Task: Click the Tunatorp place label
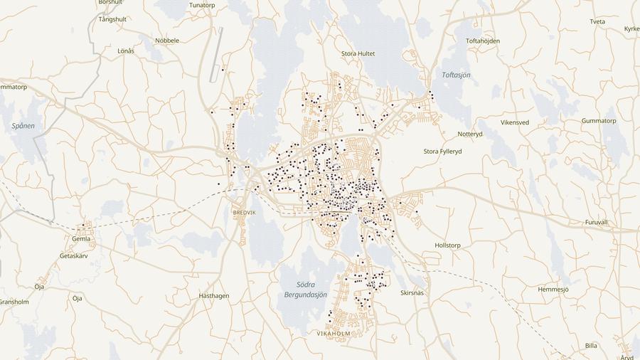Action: click(202, 5)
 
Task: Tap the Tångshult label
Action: click(112, 19)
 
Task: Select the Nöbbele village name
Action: click(167, 41)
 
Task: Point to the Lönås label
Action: click(126, 51)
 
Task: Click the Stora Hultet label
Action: click(358, 53)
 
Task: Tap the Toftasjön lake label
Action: click(456, 75)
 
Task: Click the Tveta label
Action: click(597, 22)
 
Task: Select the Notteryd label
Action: click(470, 134)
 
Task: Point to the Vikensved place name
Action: click(515, 122)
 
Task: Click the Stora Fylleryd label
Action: click(443, 152)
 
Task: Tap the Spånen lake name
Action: click(23, 126)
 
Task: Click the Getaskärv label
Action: click(73, 255)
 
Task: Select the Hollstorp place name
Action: click(447, 245)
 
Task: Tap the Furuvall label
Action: click(596, 223)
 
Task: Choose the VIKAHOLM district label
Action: click(333, 333)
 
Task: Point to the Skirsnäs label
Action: click(412, 292)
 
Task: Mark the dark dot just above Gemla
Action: click(83, 226)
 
